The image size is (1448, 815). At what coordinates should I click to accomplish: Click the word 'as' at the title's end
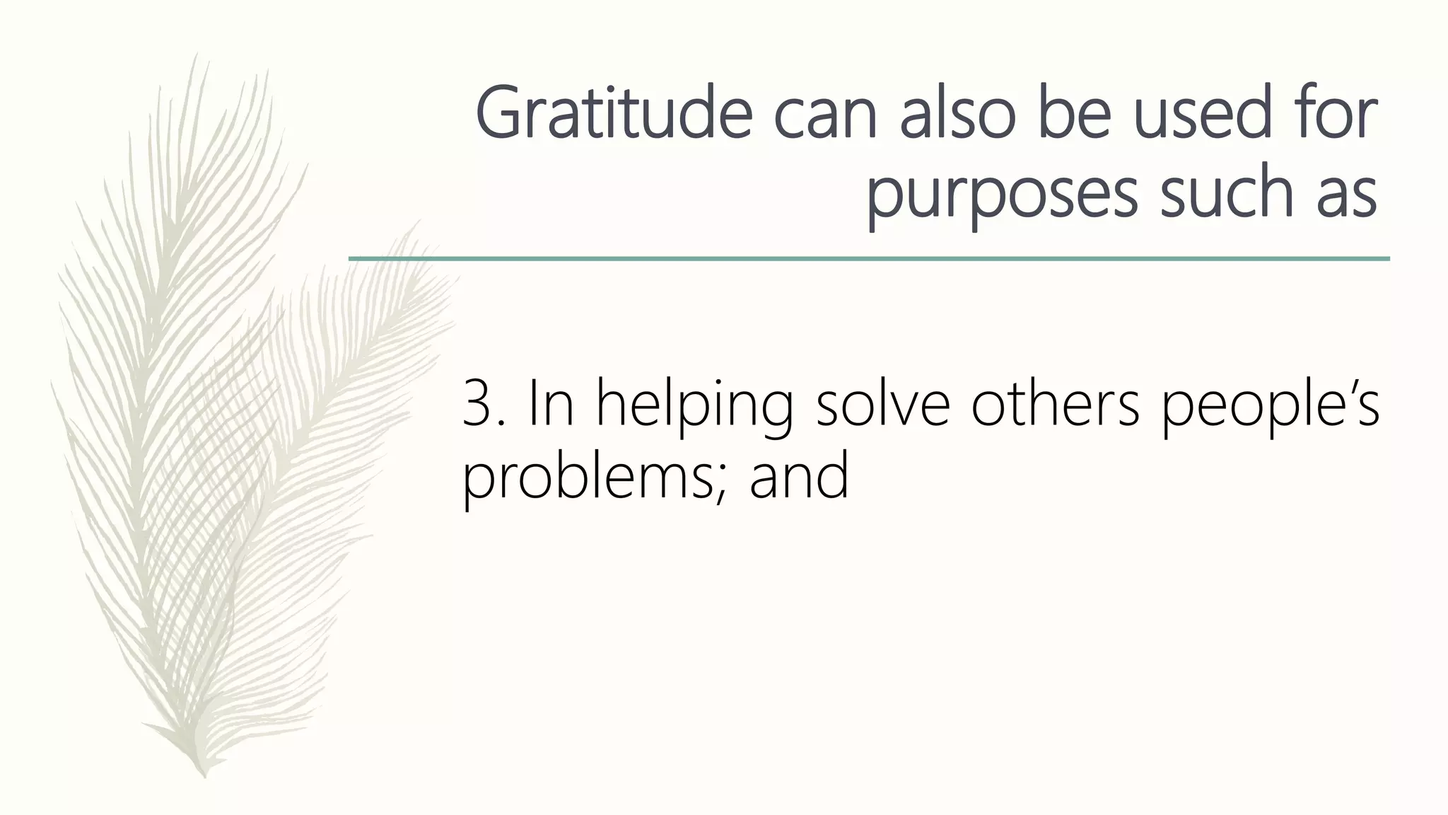tap(1346, 195)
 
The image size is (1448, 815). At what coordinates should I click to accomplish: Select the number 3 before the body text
tap(478, 405)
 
